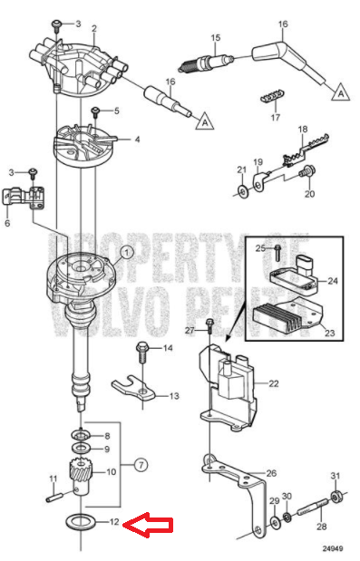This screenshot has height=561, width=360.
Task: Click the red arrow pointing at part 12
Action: tap(148, 526)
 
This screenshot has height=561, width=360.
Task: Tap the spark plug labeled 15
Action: tap(206, 63)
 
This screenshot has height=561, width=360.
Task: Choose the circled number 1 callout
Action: tap(126, 253)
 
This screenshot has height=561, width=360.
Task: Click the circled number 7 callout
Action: tap(141, 465)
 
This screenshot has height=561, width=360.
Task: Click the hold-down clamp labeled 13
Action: tap(133, 391)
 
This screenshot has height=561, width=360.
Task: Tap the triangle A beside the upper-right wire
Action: tap(340, 92)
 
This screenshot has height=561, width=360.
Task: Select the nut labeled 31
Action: tap(336, 497)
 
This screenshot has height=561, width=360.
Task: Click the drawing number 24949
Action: tap(333, 548)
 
